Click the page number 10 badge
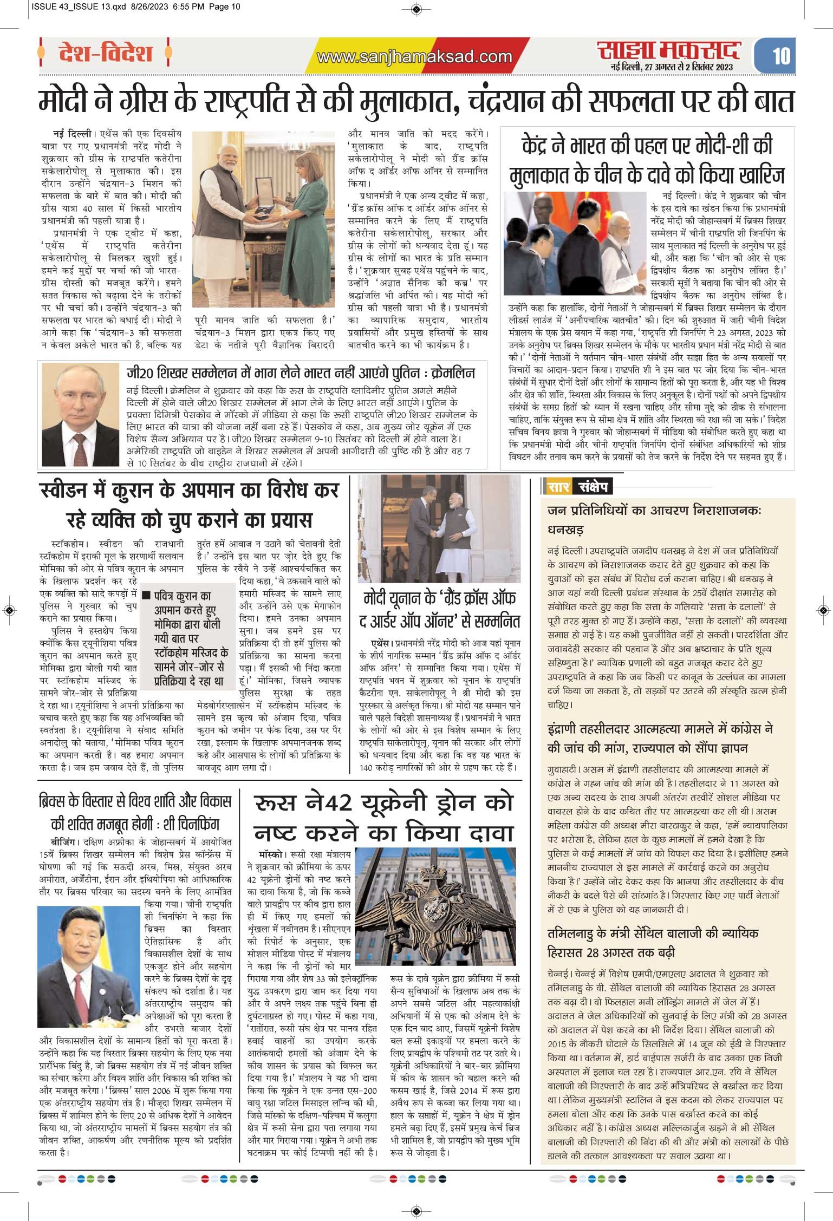click(781, 55)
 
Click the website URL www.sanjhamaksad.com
click(414, 56)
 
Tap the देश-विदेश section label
click(105, 54)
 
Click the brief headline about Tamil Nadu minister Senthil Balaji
click(653, 942)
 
